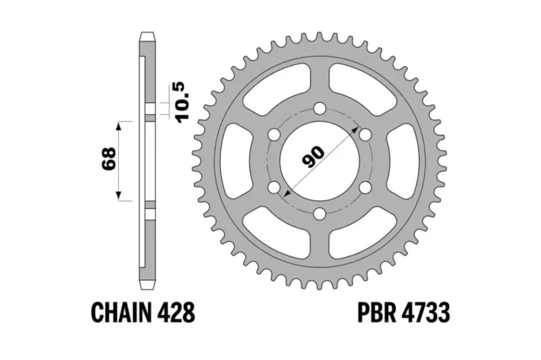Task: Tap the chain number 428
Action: point(178,313)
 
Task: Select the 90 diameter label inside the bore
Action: point(315,156)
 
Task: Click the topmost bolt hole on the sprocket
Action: point(318,110)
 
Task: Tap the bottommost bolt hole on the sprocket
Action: point(318,214)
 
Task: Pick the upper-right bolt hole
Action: point(365,135)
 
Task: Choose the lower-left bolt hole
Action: point(273,188)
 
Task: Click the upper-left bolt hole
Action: point(273,135)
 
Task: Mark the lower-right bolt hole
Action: point(365,188)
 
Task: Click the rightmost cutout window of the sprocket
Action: point(403,162)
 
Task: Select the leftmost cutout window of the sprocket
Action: point(234,162)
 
